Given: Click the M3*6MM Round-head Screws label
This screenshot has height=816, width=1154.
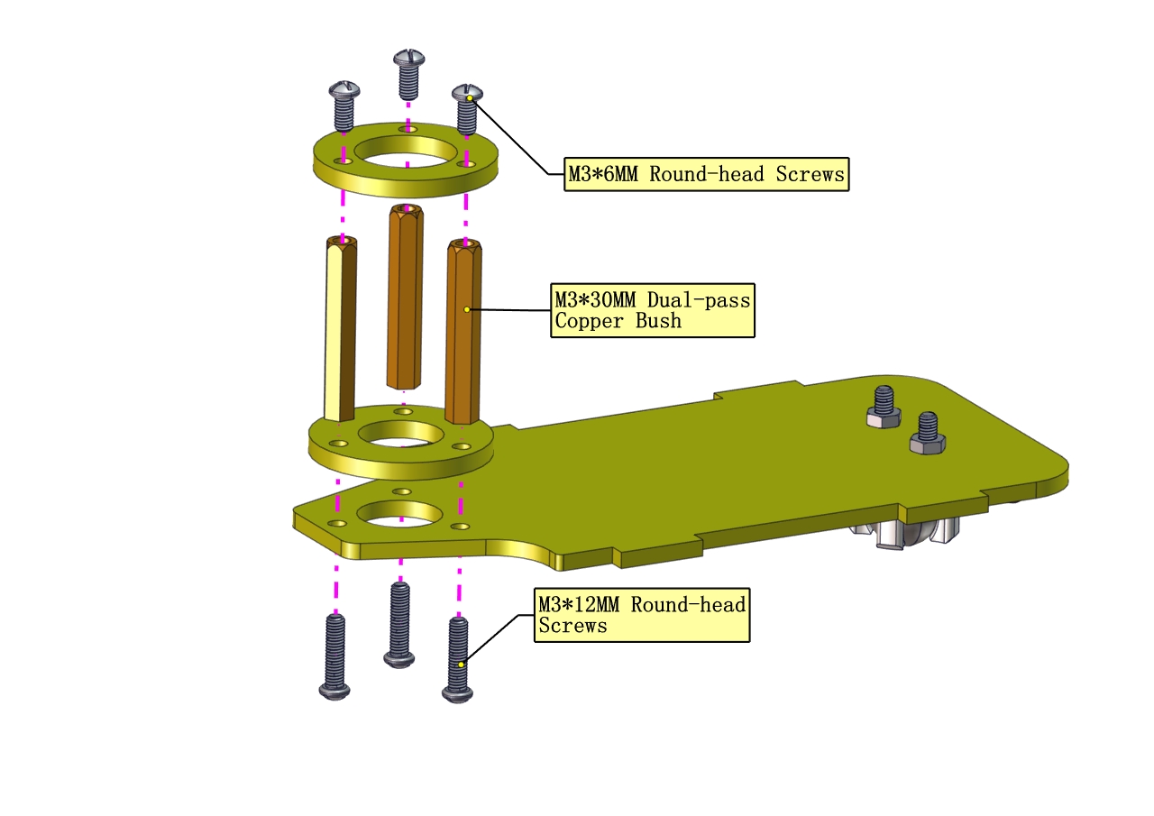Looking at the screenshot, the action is click(706, 174).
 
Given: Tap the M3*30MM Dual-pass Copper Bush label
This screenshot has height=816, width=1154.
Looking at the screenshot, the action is click(653, 310).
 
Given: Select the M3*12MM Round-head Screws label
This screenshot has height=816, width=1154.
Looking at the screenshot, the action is click(642, 615).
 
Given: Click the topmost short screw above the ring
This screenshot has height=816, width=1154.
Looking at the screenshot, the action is click(409, 74).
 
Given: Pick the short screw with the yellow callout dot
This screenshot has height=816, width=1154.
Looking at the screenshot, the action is click(467, 109).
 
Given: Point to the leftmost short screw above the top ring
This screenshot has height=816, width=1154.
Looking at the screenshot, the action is click(344, 105).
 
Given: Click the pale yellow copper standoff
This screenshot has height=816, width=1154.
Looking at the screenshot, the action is click(340, 329).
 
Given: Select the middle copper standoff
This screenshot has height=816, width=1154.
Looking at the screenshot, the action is click(405, 297).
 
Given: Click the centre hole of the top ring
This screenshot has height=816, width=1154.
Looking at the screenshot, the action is click(406, 152).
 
